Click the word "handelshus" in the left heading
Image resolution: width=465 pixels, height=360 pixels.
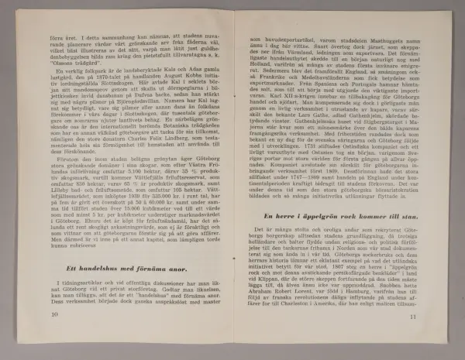click(x=83, y=267)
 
